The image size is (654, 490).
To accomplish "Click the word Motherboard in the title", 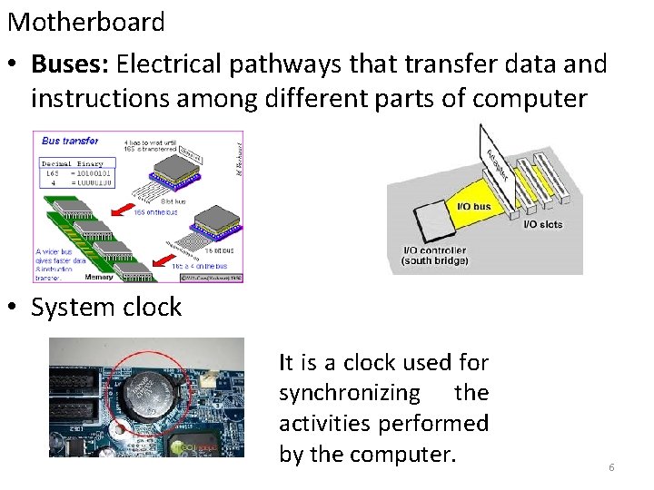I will [x=86, y=22].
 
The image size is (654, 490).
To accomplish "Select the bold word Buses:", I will [x=71, y=64].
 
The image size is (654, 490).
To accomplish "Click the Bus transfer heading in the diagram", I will [x=71, y=141].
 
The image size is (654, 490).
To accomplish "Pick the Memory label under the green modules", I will [x=97, y=277].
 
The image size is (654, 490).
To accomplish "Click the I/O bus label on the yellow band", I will [x=473, y=206].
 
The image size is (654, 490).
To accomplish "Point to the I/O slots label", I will [x=543, y=224].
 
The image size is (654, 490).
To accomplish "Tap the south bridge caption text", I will [x=434, y=261].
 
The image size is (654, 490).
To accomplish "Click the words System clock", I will [x=106, y=308].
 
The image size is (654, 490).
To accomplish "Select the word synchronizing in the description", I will [x=349, y=393].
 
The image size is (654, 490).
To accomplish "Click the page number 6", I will [x=611, y=467].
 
